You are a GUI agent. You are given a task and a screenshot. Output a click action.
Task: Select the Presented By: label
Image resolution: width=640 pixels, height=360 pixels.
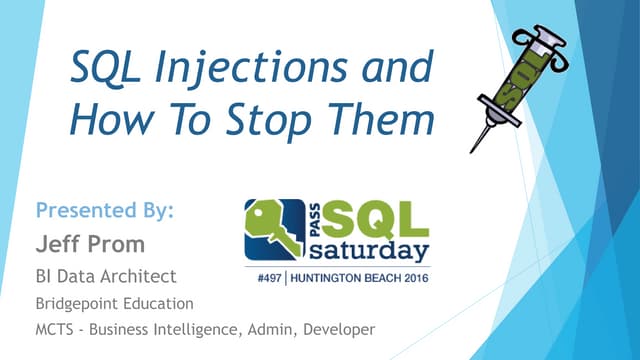click(x=105, y=210)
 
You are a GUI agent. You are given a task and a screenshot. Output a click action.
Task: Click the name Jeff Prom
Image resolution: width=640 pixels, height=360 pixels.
click(x=91, y=244)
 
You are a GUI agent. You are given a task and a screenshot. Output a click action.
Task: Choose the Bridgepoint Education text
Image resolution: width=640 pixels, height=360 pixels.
click(x=114, y=302)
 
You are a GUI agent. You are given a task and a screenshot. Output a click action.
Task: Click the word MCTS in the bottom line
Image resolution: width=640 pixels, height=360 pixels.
click(x=58, y=329)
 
